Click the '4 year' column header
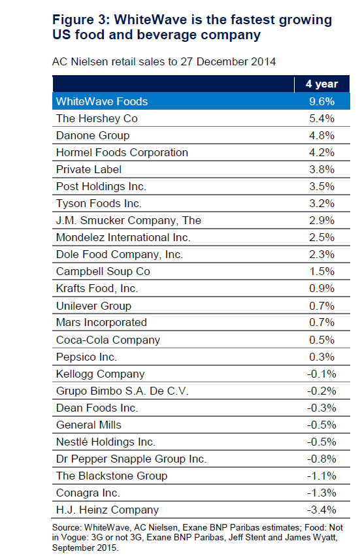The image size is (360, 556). click(321, 84)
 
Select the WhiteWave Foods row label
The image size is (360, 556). click(102, 101)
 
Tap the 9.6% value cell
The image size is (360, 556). click(321, 101)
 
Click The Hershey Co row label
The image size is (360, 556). click(97, 118)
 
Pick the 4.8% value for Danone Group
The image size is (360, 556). click(321, 135)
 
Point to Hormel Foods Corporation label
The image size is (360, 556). click(122, 152)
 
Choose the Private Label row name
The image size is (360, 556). click(89, 169)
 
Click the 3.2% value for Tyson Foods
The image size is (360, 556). click(321, 204)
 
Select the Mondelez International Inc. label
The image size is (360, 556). click(123, 237)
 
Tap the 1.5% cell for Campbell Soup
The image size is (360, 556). click(321, 271)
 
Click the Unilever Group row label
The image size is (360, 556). click(93, 306)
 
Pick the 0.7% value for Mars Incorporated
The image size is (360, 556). click(321, 322)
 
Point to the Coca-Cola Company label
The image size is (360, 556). click(108, 340)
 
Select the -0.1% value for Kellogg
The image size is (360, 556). click(321, 374)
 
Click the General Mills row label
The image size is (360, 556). click(89, 425)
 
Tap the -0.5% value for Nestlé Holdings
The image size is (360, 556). click(321, 442)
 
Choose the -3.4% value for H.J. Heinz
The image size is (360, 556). click(321, 510)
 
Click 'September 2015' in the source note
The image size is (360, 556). click(84, 548)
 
